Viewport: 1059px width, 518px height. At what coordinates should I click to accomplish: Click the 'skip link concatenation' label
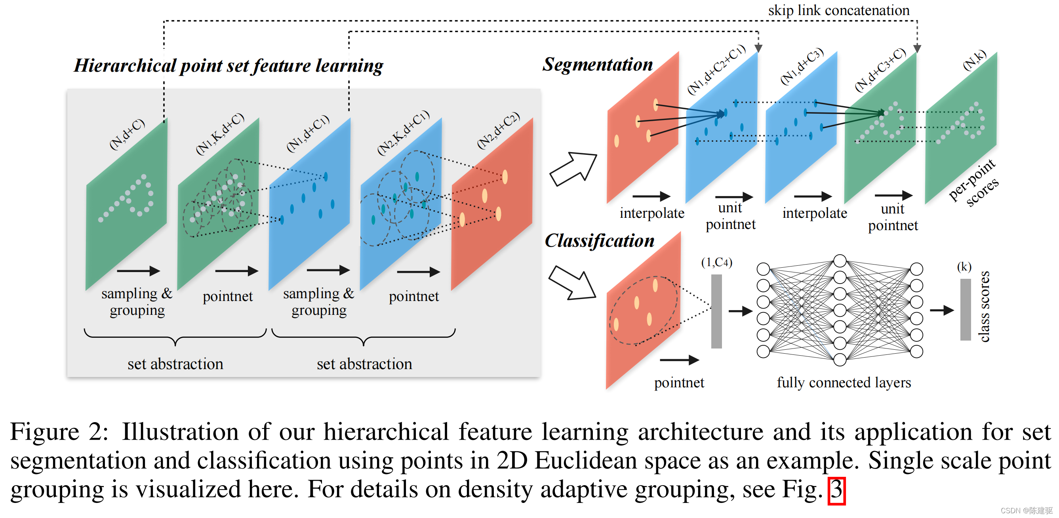click(838, 10)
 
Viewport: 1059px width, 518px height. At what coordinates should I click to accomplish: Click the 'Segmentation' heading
click(597, 65)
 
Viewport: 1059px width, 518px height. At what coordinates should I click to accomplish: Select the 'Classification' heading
click(599, 240)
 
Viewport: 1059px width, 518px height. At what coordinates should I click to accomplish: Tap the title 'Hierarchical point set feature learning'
click(228, 66)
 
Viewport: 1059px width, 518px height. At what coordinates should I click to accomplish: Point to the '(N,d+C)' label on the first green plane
click(127, 134)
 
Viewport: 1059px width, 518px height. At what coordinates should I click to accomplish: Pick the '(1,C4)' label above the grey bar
click(716, 262)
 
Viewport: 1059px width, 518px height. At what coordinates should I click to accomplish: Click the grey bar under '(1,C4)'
click(716, 311)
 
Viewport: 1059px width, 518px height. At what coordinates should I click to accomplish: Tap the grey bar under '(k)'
click(965, 310)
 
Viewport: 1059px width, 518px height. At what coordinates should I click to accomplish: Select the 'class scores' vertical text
click(984, 306)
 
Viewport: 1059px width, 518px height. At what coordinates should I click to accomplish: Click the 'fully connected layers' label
click(844, 382)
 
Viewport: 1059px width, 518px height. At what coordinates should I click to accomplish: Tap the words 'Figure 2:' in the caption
click(59, 432)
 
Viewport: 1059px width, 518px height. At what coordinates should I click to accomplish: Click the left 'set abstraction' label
click(175, 364)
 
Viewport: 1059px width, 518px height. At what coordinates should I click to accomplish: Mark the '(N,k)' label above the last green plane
click(975, 60)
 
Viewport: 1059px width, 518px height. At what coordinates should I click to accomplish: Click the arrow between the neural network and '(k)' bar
click(941, 310)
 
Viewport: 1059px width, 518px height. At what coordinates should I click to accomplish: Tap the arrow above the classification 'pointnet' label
click(679, 360)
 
